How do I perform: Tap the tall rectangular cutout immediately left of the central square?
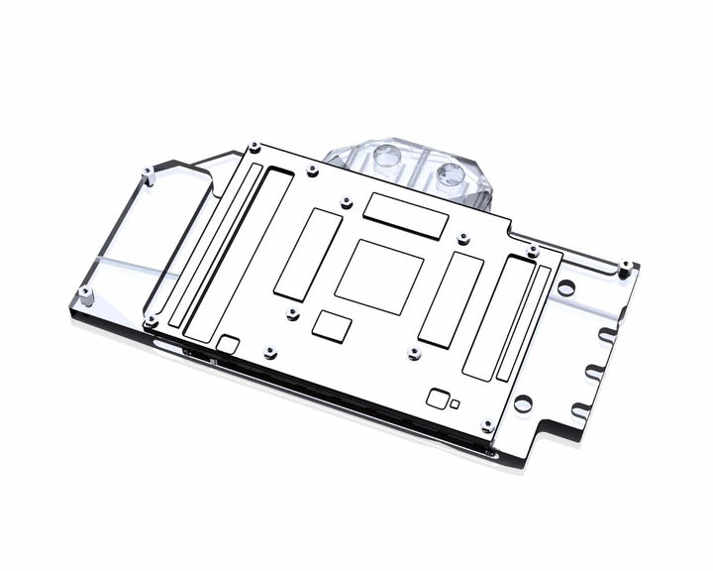307,256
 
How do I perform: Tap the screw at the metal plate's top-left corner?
256,147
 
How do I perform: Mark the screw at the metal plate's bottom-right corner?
486,425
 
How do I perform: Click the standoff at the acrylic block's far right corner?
625,265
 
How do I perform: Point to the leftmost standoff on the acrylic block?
86,293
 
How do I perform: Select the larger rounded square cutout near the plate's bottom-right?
436,399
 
